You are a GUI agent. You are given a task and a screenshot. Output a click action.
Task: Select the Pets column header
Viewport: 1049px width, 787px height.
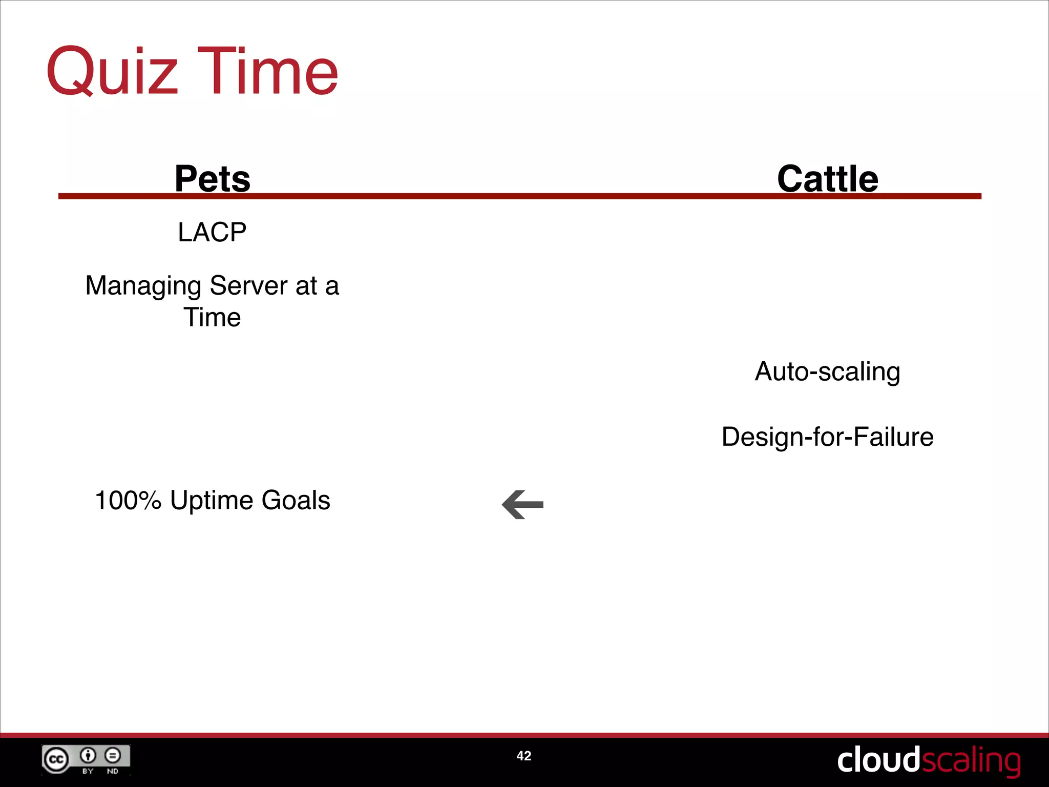coord(212,179)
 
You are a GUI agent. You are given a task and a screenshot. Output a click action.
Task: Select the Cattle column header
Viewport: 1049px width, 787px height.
coord(827,179)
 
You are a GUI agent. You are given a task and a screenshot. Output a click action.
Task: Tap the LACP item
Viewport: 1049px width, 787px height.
coord(212,232)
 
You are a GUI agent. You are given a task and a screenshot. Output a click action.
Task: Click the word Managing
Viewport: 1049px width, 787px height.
coord(143,286)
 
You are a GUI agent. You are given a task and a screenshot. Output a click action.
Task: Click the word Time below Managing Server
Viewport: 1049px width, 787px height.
coord(212,317)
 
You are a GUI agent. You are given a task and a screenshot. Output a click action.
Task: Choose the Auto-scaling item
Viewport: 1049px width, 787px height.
coord(827,371)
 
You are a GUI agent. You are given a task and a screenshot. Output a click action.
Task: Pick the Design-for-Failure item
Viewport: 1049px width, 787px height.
coord(827,437)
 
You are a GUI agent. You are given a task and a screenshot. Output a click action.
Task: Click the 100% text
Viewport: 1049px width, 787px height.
coord(128,500)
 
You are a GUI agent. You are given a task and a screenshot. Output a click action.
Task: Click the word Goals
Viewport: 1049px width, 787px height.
coord(296,500)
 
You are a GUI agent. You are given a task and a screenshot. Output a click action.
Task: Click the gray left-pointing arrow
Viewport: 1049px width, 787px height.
coord(522,505)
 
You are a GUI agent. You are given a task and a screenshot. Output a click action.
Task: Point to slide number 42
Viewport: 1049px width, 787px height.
coord(523,756)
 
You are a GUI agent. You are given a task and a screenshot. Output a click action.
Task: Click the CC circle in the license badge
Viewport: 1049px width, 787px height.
coord(56,759)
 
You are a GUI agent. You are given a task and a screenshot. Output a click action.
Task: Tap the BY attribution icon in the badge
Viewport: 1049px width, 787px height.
coord(88,755)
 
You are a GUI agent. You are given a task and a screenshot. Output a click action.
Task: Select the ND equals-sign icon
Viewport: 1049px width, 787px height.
coord(113,755)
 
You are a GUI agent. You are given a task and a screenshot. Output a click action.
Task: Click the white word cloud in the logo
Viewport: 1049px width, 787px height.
coord(878,760)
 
